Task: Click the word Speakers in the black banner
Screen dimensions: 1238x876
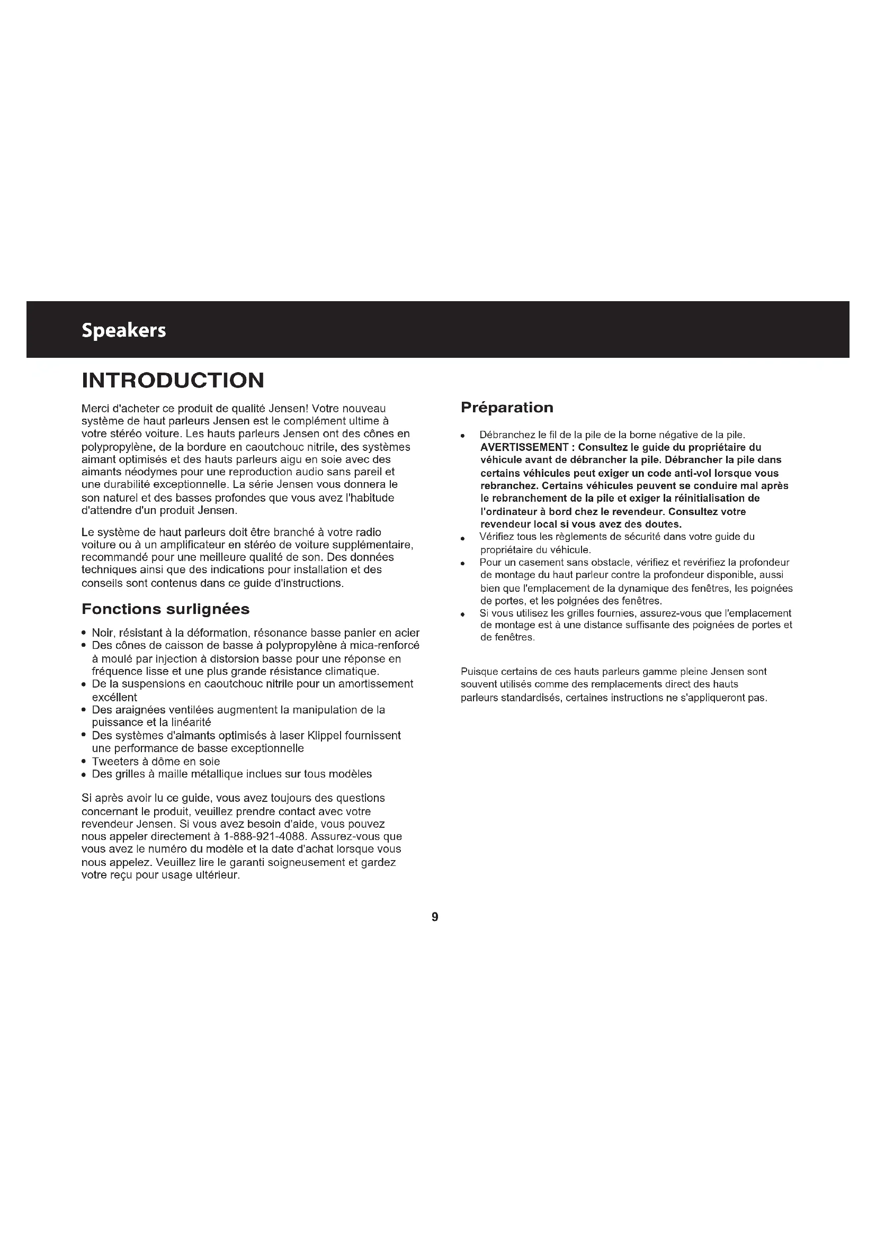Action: pos(123,330)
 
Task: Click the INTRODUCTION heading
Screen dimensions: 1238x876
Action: pos(173,380)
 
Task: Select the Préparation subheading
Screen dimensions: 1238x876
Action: pos(506,408)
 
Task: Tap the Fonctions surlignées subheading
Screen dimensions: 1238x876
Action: pos(165,609)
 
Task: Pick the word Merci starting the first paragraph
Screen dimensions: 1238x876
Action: pos(95,409)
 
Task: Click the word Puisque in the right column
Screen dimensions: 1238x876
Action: pos(478,672)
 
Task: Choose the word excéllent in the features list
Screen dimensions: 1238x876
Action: pos(114,697)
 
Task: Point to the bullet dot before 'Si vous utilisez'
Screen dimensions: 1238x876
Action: pos(463,615)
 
